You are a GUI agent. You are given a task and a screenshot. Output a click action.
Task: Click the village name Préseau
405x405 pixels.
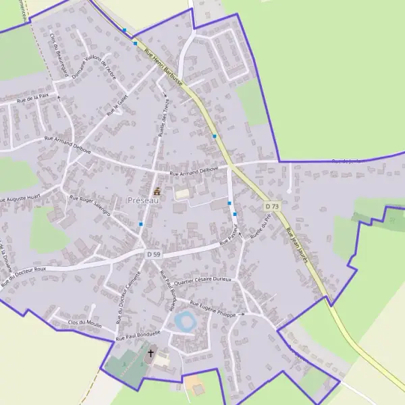(x=144, y=200)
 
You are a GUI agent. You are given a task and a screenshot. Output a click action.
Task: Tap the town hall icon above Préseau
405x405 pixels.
(x=157, y=191)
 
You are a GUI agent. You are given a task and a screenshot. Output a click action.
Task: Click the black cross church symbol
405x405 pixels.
(x=151, y=353)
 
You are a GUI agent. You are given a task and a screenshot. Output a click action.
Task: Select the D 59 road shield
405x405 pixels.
(x=153, y=254)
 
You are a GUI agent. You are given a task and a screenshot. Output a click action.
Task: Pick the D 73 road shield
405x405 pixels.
(x=271, y=206)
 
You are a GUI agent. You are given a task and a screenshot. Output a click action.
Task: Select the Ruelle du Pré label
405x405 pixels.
(x=260, y=227)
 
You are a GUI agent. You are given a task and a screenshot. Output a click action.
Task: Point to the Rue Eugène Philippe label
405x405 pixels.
(x=213, y=309)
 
